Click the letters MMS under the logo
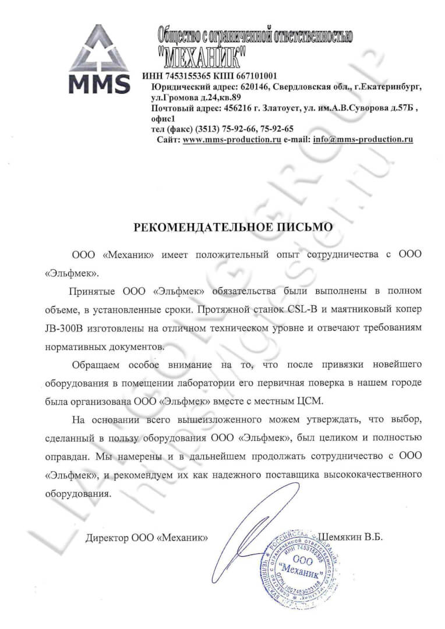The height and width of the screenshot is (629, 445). click(x=99, y=83)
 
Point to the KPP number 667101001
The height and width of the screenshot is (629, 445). click(x=253, y=76)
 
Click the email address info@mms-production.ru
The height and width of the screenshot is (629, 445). click(x=363, y=140)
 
